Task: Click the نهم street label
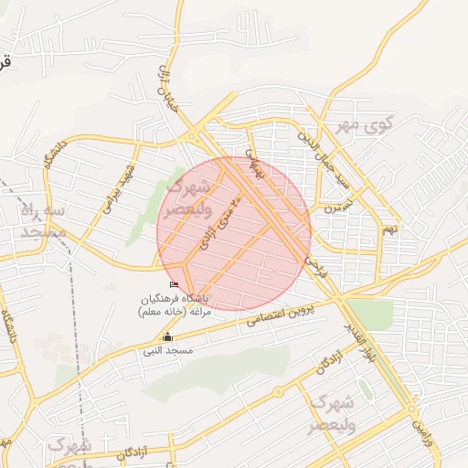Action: click(x=390, y=227)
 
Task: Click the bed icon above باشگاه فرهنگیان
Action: click(x=175, y=285)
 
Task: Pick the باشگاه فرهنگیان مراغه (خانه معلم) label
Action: click(x=175, y=305)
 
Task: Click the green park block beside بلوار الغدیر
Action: click(x=370, y=314)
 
